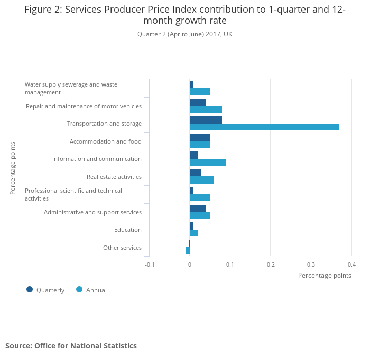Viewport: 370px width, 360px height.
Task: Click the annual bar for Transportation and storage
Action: click(x=264, y=127)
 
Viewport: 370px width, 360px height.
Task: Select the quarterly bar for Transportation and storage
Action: click(x=206, y=120)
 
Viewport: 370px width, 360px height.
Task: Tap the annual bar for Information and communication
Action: click(x=208, y=163)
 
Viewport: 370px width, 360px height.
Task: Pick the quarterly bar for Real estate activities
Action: click(x=196, y=173)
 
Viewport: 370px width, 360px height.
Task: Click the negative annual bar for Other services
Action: click(x=188, y=251)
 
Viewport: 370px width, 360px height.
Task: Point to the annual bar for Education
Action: click(x=193, y=233)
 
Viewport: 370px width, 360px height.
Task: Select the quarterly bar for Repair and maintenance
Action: click(x=198, y=102)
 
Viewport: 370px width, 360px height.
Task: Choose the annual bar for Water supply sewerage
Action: click(x=200, y=92)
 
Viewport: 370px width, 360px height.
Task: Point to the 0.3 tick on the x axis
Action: click(x=311, y=264)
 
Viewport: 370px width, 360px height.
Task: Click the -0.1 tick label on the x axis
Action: click(x=150, y=264)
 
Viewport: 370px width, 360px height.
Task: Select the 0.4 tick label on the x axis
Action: click(x=351, y=264)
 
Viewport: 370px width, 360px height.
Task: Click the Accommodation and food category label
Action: click(x=106, y=141)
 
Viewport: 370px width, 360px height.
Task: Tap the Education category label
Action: click(x=128, y=230)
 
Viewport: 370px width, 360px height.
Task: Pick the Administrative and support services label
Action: click(x=92, y=212)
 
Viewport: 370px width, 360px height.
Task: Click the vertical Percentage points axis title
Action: click(x=13, y=168)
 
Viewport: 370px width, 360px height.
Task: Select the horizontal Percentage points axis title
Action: click(x=325, y=276)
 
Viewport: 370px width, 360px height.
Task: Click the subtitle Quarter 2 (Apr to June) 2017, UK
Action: click(x=184, y=34)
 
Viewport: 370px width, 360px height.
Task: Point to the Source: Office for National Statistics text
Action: click(x=71, y=346)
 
